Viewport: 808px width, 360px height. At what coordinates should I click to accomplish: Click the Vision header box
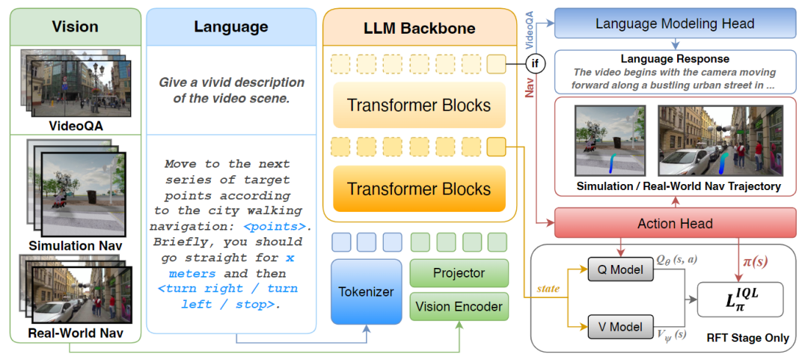coord(75,27)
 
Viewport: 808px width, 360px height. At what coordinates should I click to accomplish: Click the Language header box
coord(231,27)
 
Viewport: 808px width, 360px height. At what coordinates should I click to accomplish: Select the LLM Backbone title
coord(420,28)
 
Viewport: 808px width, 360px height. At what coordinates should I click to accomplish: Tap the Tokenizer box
coord(367,292)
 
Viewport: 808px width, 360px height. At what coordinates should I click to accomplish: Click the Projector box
coord(459,273)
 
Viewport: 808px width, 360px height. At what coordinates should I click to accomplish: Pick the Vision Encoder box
coord(459,307)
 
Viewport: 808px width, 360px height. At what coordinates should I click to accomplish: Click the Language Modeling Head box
coord(676,23)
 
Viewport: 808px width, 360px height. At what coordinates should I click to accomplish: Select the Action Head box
coord(676,223)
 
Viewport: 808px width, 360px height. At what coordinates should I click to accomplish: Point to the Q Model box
coord(616,269)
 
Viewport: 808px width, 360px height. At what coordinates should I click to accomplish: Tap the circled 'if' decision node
coord(535,64)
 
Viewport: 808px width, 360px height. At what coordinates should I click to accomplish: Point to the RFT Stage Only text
coord(747,338)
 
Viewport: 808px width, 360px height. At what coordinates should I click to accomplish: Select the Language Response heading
coord(675,58)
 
